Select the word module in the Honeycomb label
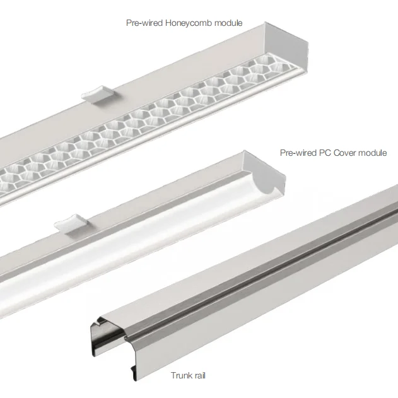[228, 23]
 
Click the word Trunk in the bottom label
[180, 376]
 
